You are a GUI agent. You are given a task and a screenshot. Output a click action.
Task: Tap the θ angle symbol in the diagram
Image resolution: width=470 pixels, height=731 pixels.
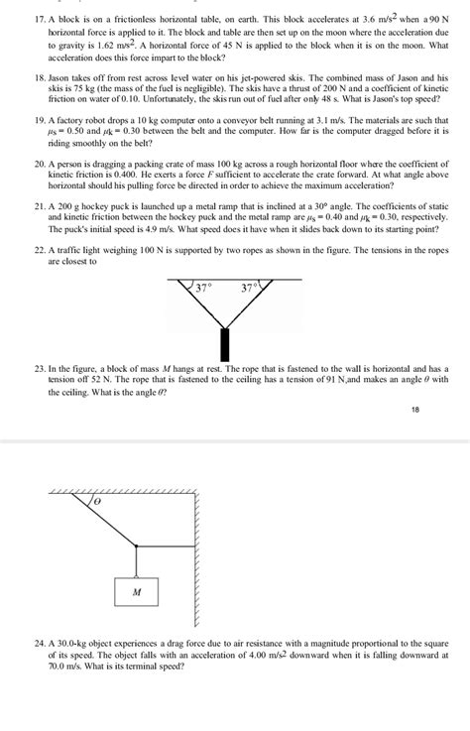click(x=98, y=505)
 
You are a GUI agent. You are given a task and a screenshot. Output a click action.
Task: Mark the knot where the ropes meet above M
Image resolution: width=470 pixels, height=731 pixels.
click(x=136, y=545)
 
